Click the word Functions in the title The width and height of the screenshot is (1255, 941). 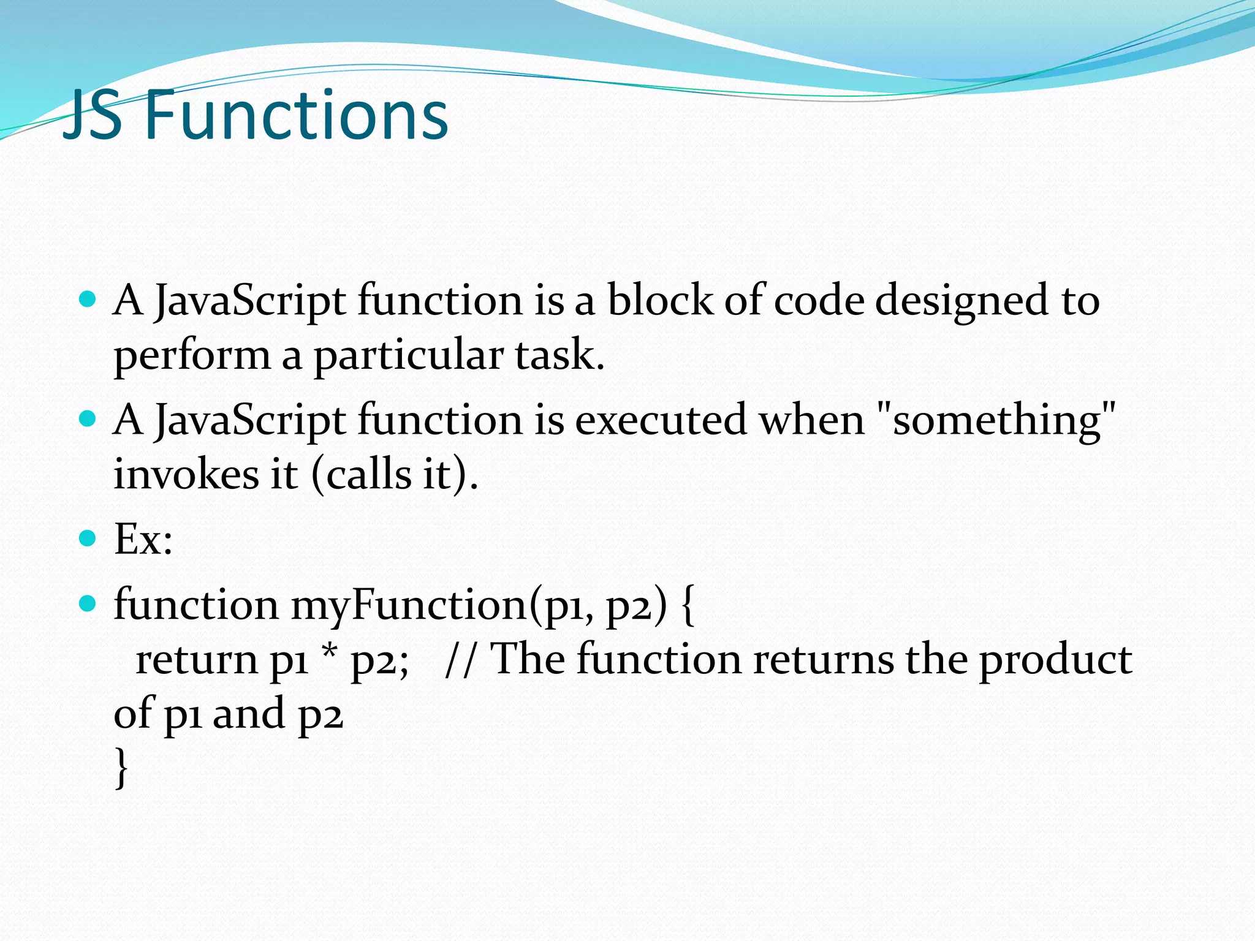pyautogui.click(x=297, y=115)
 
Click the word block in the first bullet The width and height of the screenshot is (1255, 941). pyautogui.click(x=660, y=301)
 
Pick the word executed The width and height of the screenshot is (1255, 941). pyautogui.click(x=661, y=420)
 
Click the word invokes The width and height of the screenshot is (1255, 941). pyautogui.click(x=186, y=474)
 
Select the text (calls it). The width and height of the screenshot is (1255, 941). pyautogui.click(x=395, y=475)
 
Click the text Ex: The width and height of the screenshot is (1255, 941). pyautogui.click(x=143, y=540)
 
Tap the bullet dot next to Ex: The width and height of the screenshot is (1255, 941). pyautogui.click(x=88, y=539)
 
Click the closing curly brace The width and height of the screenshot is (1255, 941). pyautogui.click(x=122, y=766)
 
